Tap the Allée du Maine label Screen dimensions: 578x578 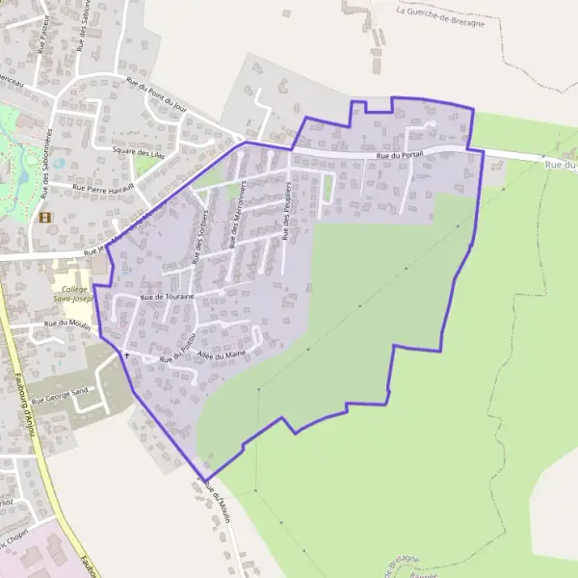click(x=222, y=355)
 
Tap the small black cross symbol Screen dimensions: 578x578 click(x=126, y=355)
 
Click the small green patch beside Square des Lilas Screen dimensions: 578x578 click(x=144, y=166)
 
